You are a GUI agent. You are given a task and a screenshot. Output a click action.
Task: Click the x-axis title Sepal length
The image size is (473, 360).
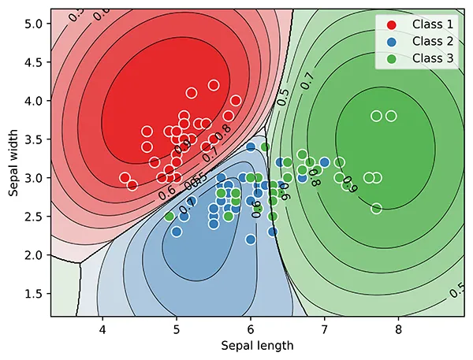256,345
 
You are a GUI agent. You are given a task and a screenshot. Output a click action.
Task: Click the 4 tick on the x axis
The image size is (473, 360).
102,328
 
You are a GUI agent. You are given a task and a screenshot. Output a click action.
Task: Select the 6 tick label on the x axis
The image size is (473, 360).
251,328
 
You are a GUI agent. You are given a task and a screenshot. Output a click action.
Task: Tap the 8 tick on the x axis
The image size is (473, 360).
398,328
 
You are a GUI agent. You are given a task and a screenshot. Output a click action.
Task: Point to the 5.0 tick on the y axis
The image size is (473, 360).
33,24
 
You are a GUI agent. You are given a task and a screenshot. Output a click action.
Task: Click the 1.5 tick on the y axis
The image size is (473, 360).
33,294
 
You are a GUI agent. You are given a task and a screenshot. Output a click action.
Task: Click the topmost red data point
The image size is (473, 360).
214,85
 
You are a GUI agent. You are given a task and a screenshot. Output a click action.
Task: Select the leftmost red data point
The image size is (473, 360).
125,178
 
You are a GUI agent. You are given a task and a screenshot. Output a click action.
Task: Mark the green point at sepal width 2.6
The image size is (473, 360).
376,209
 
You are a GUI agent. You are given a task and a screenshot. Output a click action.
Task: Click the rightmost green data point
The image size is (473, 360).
391,116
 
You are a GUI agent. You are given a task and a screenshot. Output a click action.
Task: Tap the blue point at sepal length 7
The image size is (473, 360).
324,162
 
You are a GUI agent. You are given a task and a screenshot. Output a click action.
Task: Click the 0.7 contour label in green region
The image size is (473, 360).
307,79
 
